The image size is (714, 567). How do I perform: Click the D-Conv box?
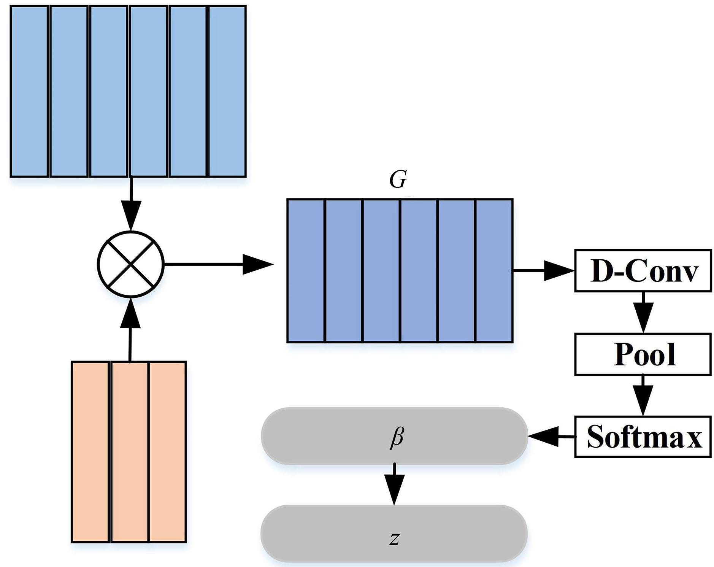(x=643, y=271)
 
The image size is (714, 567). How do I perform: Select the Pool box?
(x=643, y=354)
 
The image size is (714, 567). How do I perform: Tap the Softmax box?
(x=643, y=437)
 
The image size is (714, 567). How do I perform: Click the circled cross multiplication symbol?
(x=131, y=264)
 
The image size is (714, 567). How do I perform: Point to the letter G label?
(x=398, y=179)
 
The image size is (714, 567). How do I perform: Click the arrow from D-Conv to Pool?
(x=643, y=312)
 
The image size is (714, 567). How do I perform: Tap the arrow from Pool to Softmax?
(x=643, y=395)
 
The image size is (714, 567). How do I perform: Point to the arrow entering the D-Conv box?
(x=544, y=271)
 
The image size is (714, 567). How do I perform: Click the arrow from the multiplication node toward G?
(x=219, y=264)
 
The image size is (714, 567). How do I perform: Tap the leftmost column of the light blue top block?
(x=29, y=91)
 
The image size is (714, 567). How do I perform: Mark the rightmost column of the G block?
(x=494, y=270)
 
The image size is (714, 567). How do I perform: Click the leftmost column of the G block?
(x=306, y=270)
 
